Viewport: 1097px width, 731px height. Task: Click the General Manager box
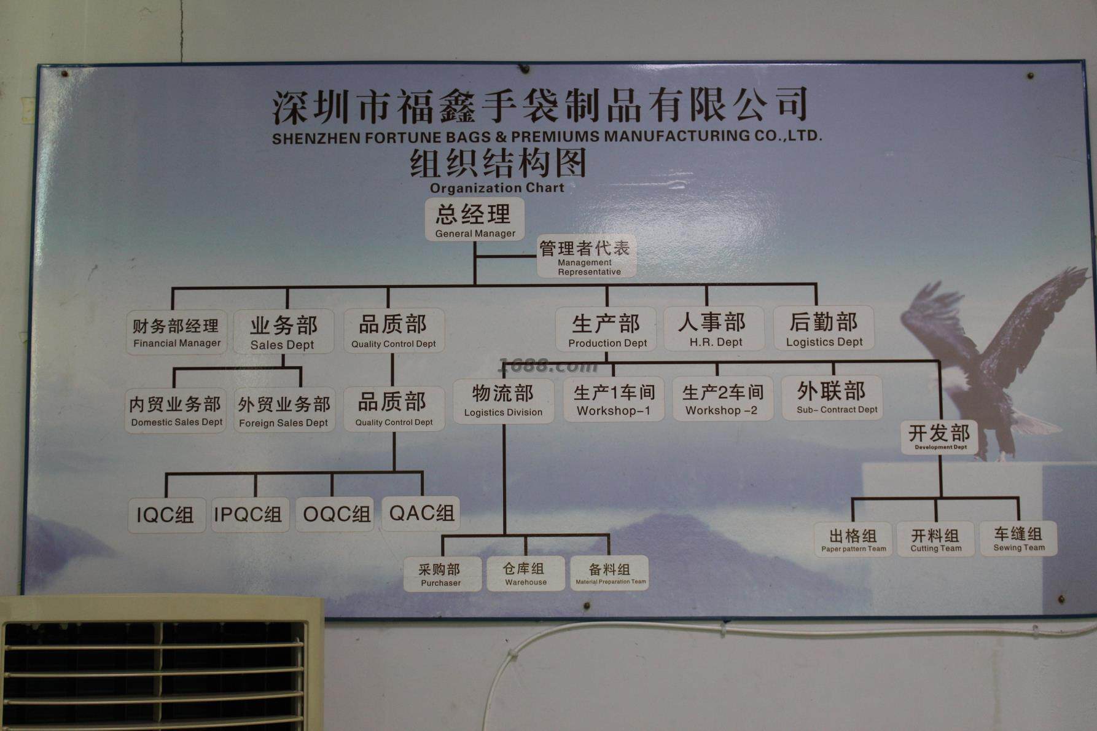click(475, 219)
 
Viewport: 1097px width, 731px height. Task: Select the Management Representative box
click(587, 257)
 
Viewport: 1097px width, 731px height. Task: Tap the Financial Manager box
click(176, 332)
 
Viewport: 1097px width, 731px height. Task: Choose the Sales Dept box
click(283, 332)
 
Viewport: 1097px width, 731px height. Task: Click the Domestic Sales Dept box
click(176, 410)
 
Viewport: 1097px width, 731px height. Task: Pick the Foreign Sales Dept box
click(284, 410)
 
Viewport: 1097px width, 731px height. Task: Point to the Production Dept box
click(606, 329)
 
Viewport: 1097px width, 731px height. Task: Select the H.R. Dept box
click(714, 329)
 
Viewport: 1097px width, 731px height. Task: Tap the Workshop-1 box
click(614, 399)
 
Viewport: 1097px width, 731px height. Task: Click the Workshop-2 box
click(722, 399)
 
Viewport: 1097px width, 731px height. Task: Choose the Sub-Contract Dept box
click(832, 397)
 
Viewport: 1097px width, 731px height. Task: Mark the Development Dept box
click(940, 437)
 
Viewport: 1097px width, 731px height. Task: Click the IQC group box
click(166, 515)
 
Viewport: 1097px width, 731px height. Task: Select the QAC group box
click(421, 513)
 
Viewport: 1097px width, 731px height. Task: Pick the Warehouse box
click(526, 573)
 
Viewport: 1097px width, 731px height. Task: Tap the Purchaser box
click(442, 574)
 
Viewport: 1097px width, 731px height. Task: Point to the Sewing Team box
click(1018, 538)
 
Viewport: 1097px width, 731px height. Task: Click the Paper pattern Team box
click(853, 539)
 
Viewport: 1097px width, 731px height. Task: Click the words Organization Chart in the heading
click(496, 188)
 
